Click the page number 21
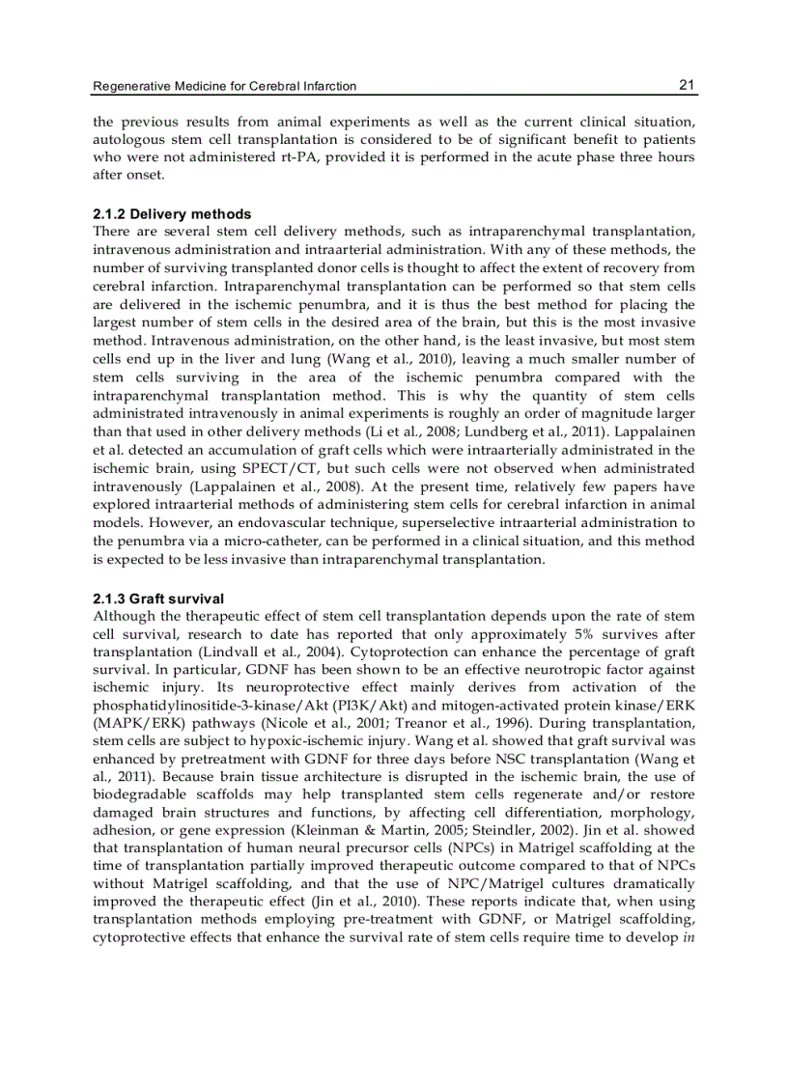[x=687, y=85]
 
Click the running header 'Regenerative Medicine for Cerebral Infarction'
[x=224, y=87]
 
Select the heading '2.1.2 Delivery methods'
[x=172, y=213]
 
